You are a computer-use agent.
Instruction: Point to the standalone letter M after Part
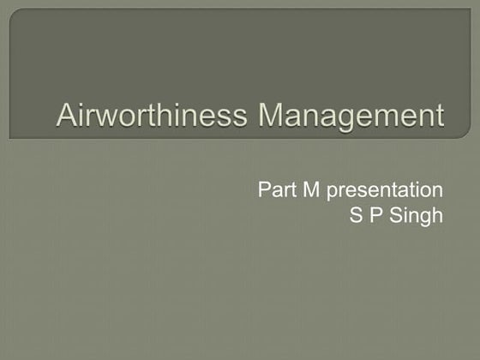[310, 190]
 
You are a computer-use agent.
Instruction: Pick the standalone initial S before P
[356, 215]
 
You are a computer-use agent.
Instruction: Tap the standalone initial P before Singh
[376, 215]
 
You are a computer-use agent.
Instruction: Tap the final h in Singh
[437, 215]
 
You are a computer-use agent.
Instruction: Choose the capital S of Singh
[399, 215]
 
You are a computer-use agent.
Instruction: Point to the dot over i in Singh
[409, 208]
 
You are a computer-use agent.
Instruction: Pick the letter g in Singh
[426, 218]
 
